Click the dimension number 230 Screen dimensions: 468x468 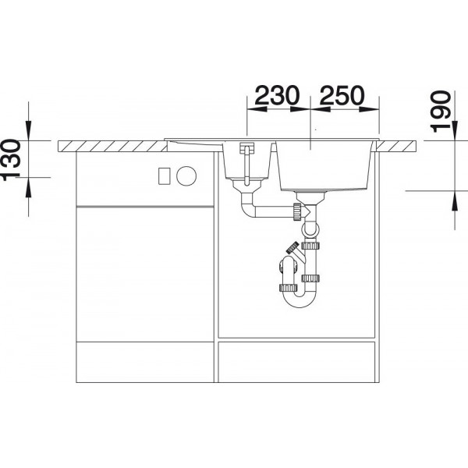[x=277, y=95]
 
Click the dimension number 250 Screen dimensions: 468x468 [x=342, y=95]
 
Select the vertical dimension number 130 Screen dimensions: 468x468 [x=12, y=160]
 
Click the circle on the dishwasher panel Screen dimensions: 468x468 [x=186, y=175]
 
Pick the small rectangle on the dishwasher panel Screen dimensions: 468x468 [x=164, y=175]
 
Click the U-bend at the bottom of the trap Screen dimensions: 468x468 [x=299, y=300]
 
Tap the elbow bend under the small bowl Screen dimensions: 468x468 [x=248, y=208]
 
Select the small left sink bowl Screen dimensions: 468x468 [x=246, y=161]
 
